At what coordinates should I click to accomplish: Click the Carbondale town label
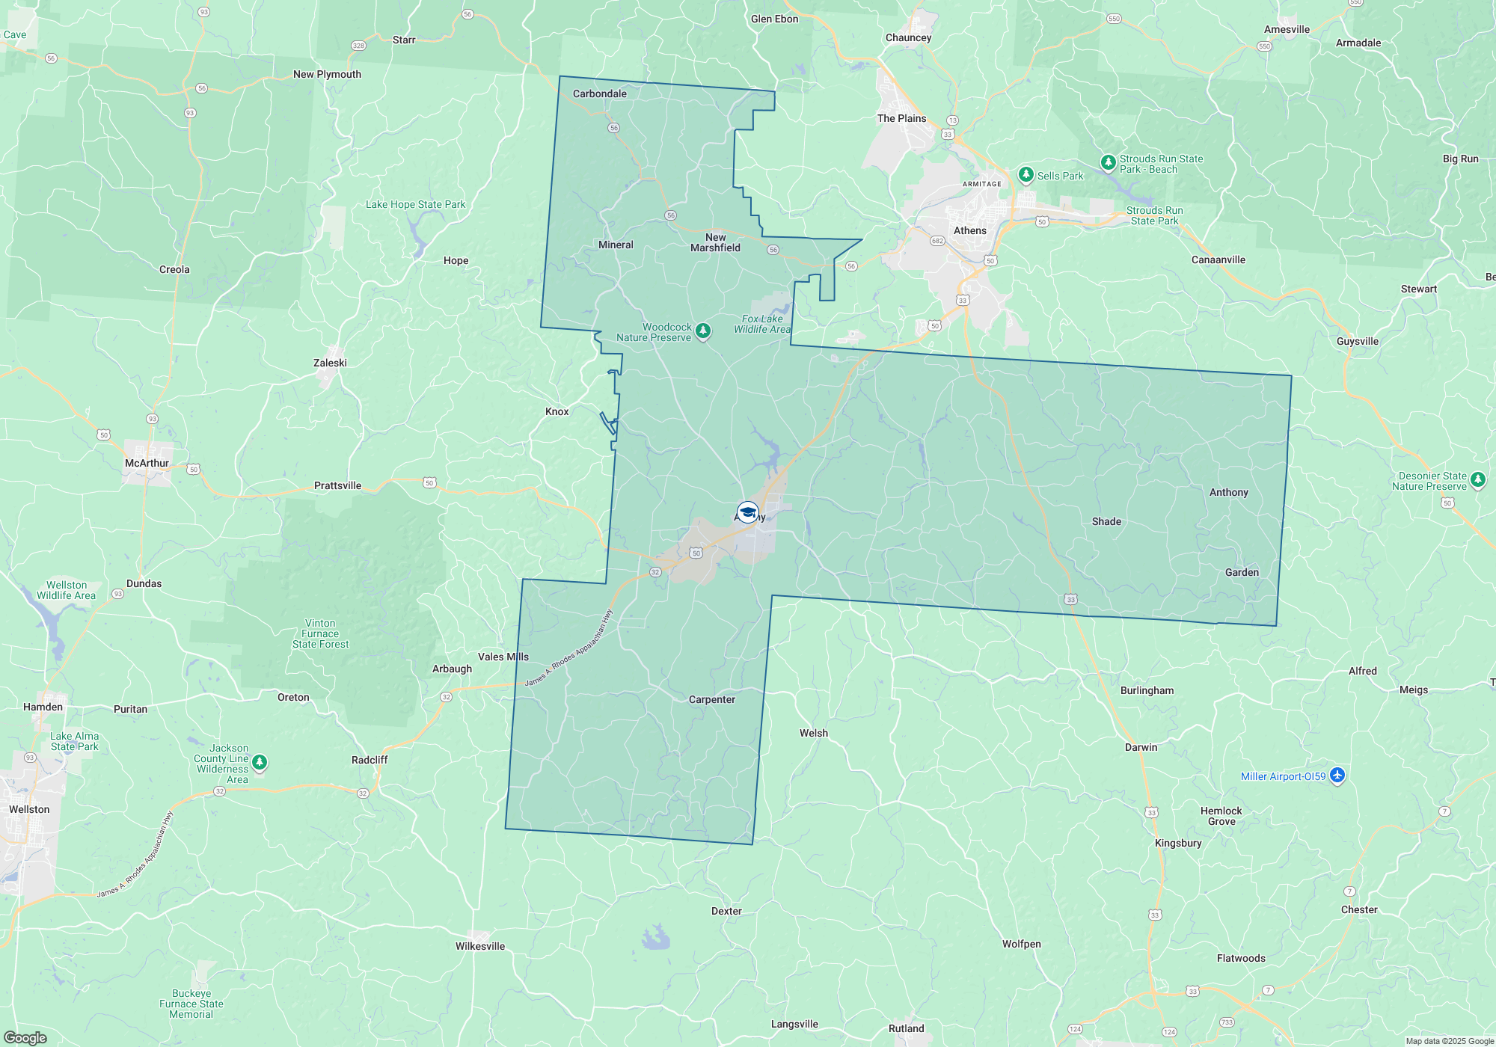pos(599,93)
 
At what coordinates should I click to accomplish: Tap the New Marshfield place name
pos(715,242)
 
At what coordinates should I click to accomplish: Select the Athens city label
pos(969,230)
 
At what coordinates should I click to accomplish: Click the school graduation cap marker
pos(747,512)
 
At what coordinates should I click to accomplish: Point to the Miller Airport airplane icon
pos(1337,776)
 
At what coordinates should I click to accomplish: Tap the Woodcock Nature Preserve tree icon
pos(702,331)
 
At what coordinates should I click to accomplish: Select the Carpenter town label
pos(711,699)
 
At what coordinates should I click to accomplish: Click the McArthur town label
pos(147,463)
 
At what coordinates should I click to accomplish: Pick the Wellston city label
pos(29,809)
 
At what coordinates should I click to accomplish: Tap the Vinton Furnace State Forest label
pos(320,633)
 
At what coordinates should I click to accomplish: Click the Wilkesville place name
pos(479,946)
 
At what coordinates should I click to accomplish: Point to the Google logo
pos(25,1037)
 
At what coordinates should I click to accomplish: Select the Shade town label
pos(1106,521)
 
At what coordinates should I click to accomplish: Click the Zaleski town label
pos(330,363)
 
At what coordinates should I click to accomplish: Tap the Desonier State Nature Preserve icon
pos(1477,479)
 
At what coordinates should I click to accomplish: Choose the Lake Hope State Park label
pos(415,204)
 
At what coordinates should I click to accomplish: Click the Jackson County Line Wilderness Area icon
pos(260,762)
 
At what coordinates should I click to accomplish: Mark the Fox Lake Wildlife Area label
pos(761,324)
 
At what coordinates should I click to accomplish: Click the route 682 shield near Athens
pos(937,241)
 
